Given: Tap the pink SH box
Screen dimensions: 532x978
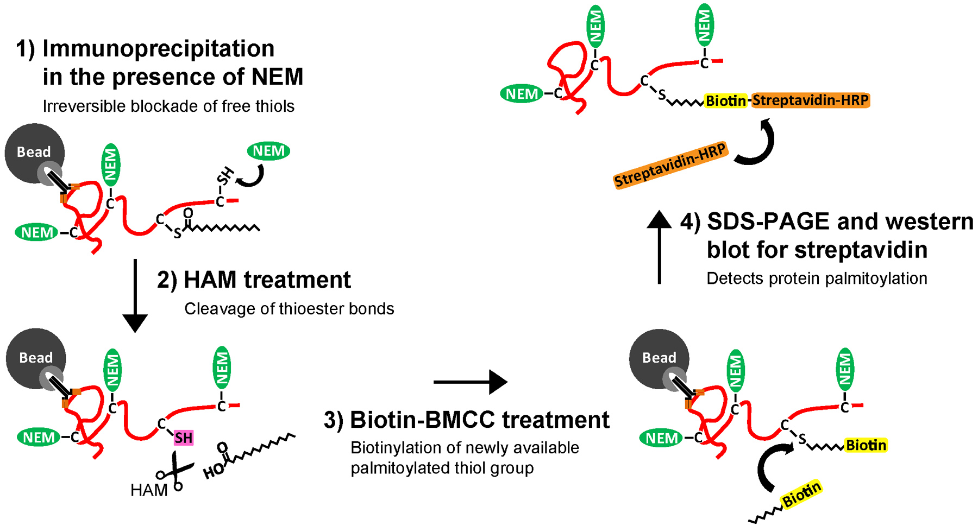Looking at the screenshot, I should [x=183, y=438].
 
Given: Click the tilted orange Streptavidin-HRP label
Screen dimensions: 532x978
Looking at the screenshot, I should [x=670, y=164].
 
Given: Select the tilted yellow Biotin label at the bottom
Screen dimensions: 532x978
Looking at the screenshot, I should [x=801, y=495].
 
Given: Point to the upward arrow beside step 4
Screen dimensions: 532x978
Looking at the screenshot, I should [x=659, y=246].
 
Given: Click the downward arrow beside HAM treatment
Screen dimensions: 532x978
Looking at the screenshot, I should [x=135, y=295].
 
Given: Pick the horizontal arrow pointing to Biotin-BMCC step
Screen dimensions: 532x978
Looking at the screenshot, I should [x=470, y=382].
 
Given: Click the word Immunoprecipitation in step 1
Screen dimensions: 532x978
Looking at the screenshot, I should [x=158, y=49].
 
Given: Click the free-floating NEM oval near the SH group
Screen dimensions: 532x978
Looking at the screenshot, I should [x=268, y=151].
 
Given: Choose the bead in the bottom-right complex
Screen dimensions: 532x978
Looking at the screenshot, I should [x=659, y=358].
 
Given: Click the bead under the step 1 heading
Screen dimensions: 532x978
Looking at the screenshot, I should [x=34, y=153].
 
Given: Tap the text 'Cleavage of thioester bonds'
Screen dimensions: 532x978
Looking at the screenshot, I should [x=289, y=309].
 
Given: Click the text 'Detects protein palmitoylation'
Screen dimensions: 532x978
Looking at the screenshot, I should [x=816, y=278].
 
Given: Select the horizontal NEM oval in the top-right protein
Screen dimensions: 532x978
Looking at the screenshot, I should [x=522, y=94].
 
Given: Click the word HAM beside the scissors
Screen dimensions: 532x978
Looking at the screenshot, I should [x=148, y=490].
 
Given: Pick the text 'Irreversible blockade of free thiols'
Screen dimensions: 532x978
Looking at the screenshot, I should [x=168, y=106].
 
